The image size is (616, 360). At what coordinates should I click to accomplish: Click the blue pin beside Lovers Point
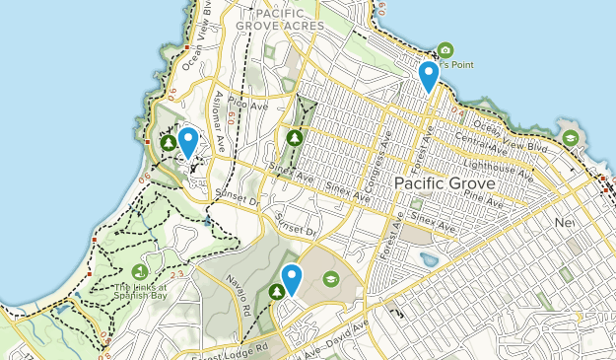428,75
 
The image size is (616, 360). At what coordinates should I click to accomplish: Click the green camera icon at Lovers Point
445,50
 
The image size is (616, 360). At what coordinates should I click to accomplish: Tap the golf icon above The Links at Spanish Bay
139,271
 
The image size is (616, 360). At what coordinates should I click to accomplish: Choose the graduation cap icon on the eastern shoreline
570,137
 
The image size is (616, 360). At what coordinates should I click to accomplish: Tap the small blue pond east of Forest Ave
430,260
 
